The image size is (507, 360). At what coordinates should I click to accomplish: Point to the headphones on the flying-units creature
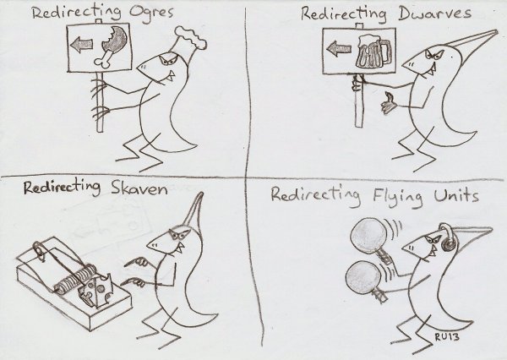click(x=449, y=238)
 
